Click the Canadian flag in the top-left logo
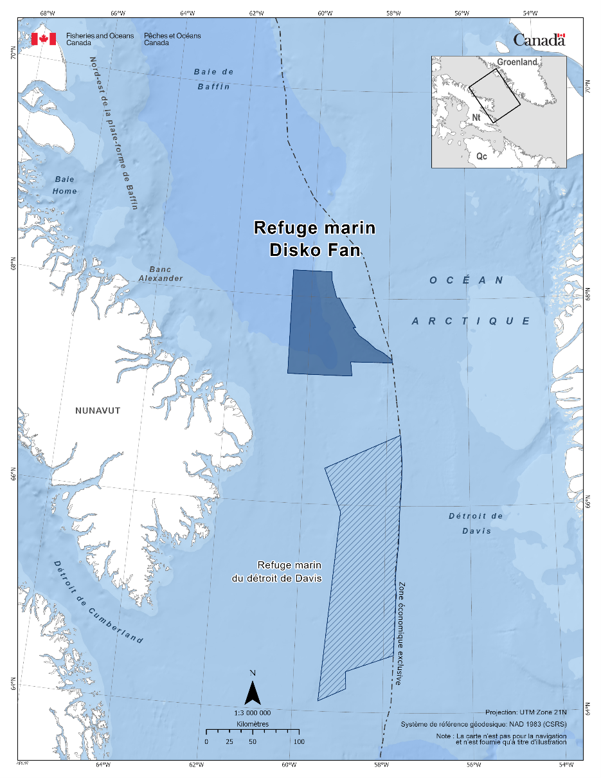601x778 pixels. click(x=44, y=39)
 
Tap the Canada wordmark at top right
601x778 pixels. click(x=539, y=40)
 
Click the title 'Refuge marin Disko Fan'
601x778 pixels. click(x=314, y=239)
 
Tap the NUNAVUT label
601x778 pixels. click(x=98, y=411)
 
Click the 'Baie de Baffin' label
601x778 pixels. click(x=213, y=79)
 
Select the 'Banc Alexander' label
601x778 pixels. click(x=161, y=274)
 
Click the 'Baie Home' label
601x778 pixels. click(x=66, y=185)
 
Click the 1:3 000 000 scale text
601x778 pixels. click(x=253, y=713)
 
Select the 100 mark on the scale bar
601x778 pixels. click(x=299, y=741)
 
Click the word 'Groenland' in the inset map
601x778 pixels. click(x=517, y=62)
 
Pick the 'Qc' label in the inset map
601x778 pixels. click(x=481, y=156)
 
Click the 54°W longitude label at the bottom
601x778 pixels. click(x=566, y=764)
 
